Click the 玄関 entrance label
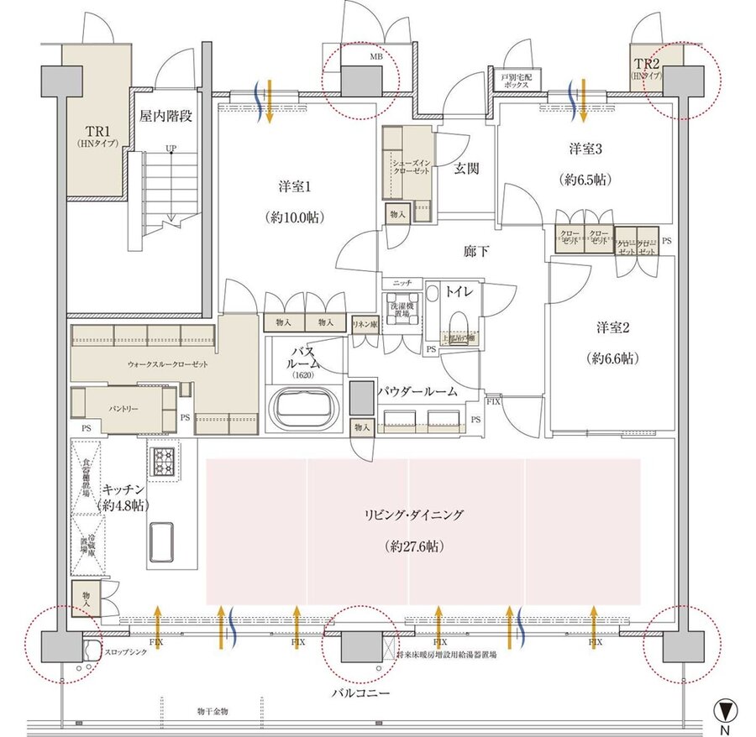point(467,168)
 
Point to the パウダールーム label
point(417,391)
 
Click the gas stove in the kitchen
point(161,458)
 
